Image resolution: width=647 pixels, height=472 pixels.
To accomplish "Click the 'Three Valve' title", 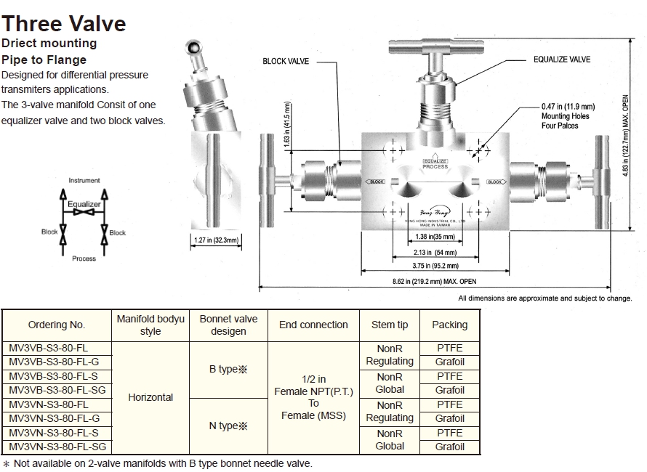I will [x=64, y=23].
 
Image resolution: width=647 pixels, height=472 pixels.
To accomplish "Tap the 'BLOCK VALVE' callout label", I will [x=286, y=62].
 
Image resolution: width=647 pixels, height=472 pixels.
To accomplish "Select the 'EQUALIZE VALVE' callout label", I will [x=561, y=60].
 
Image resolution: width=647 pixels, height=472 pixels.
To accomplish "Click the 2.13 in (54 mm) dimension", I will [x=436, y=253].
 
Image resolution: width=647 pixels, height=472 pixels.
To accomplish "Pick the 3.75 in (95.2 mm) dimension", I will [x=435, y=266].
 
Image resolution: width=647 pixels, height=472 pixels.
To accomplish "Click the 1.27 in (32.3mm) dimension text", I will [x=216, y=240].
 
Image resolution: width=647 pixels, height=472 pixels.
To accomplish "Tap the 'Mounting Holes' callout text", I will [x=565, y=116].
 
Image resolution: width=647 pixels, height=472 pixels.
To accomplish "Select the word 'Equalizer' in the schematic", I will [x=84, y=205].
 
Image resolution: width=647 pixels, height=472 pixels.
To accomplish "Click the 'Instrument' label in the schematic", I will [x=84, y=180].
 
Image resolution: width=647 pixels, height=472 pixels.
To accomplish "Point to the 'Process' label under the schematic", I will [x=84, y=259].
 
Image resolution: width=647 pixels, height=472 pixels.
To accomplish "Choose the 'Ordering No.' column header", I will [x=57, y=325].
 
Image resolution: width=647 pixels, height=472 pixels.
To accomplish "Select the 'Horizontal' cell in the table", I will [x=150, y=397].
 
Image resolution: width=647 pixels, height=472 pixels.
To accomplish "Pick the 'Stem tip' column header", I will [x=390, y=325].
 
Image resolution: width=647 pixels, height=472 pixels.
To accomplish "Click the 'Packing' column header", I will [x=449, y=325].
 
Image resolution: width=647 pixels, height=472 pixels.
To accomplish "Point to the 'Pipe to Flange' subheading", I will [x=44, y=60].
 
